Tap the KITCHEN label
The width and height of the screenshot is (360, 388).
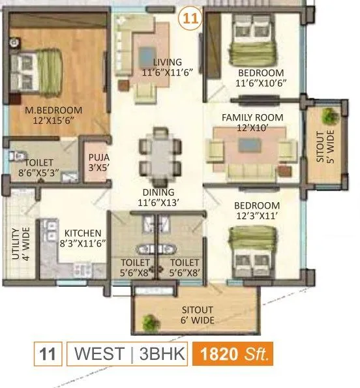tap(82, 233)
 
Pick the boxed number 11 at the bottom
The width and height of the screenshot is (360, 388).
tap(46, 355)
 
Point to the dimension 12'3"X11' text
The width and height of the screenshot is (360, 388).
tap(257, 216)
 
